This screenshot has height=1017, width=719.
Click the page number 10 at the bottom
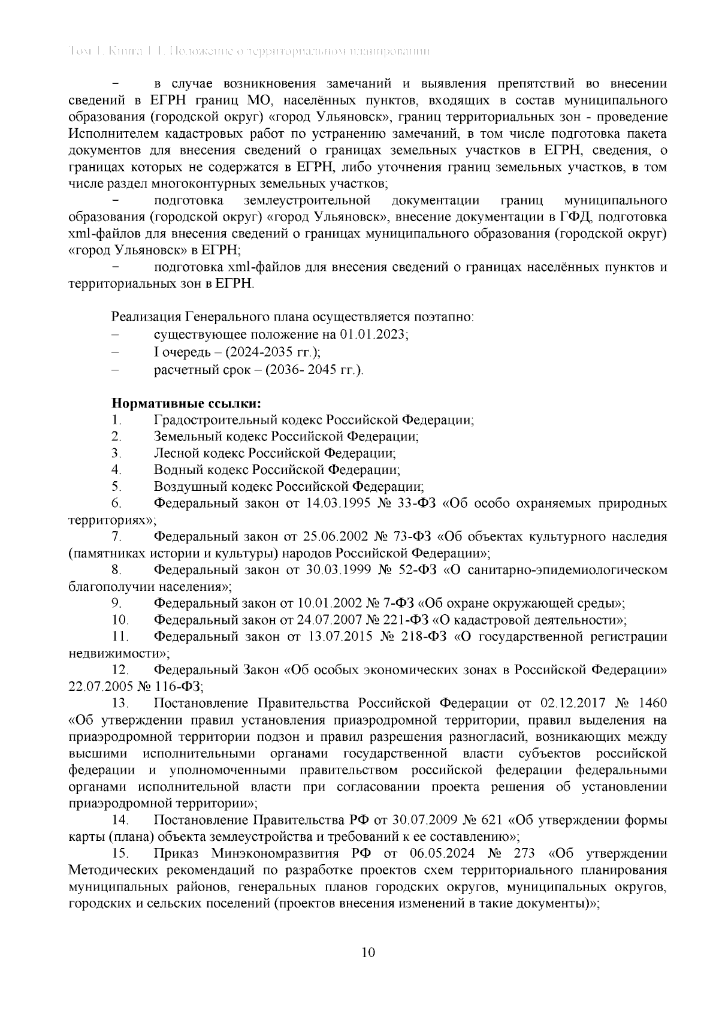[x=368, y=953]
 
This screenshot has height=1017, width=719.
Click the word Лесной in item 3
[x=174, y=453]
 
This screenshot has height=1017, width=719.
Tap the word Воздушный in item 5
[x=184, y=487]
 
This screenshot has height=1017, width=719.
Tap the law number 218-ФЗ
[x=424, y=636]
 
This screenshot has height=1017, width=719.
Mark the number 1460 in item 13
[x=651, y=703]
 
